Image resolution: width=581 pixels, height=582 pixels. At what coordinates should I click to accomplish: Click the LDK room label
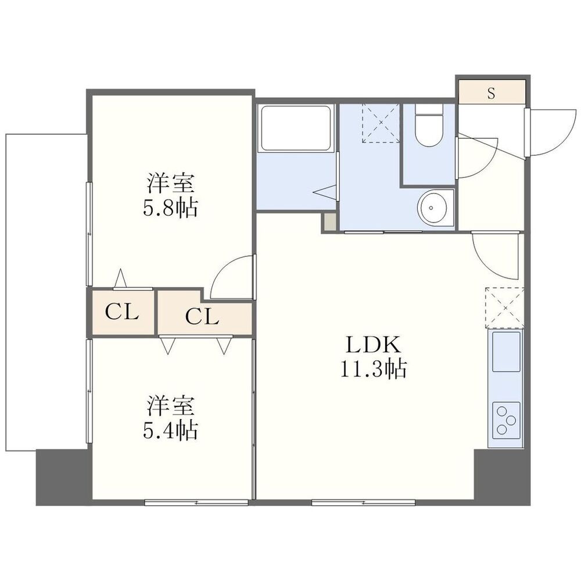click(x=373, y=345)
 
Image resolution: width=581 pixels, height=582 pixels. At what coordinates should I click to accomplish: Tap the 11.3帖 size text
click(x=373, y=369)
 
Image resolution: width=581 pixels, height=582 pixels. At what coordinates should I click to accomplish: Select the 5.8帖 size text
click(x=170, y=208)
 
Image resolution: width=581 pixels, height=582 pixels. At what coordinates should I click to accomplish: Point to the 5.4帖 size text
click(x=170, y=430)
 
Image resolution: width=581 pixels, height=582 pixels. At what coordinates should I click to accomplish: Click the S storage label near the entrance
click(x=491, y=93)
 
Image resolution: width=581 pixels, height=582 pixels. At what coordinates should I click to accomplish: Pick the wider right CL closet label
click(x=202, y=317)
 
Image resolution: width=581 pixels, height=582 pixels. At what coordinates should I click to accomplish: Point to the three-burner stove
click(x=506, y=420)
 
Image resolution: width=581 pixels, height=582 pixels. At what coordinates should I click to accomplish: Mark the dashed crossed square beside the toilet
click(x=381, y=123)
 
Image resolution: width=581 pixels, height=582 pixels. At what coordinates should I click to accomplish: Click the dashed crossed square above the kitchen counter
click(x=504, y=308)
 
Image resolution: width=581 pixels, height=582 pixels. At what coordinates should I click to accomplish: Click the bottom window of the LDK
click(x=363, y=502)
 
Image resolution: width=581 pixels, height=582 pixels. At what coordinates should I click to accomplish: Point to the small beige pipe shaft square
click(x=329, y=222)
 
